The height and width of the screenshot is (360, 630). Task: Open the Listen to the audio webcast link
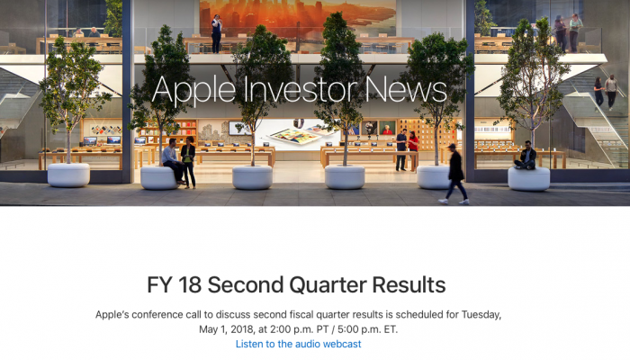click(298, 344)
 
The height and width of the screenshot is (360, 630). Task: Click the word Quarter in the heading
click(327, 285)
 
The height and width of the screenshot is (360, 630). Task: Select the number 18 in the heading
click(190, 285)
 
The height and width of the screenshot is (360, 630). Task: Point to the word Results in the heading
click(409, 285)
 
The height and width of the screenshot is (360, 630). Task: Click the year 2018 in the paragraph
click(242, 329)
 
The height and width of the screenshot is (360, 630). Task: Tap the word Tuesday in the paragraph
click(481, 315)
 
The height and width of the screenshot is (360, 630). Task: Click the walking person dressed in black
click(454, 174)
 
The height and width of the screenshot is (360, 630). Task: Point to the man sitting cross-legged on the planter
click(526, 155)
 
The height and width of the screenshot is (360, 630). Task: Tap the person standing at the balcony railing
click(217, 34)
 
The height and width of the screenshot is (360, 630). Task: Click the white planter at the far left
click(68, 175)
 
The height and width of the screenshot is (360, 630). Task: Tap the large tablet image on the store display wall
click(298, 135)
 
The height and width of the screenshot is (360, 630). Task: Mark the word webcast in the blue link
click(342, 344)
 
